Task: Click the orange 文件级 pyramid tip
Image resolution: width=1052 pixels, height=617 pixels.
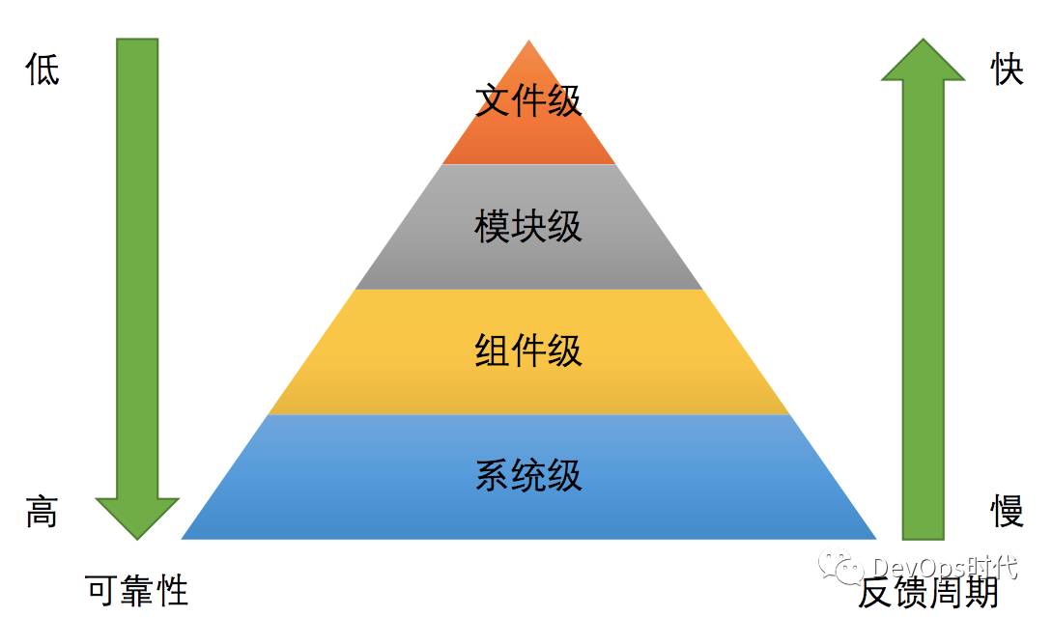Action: (528, 135)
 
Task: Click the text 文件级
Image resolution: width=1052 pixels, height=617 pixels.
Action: (528, 100)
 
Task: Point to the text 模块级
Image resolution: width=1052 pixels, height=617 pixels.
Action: (528, 226)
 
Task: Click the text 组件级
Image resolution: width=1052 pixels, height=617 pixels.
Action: (528, 351)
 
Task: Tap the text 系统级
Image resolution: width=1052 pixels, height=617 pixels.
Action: (528, 476)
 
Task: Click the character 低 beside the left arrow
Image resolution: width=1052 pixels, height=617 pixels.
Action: (43, 70)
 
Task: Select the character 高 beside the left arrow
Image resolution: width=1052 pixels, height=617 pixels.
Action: (42, 512)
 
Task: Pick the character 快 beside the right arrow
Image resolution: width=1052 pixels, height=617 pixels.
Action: (1007, 70)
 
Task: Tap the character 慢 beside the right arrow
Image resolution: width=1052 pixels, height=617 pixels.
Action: (1007, 512)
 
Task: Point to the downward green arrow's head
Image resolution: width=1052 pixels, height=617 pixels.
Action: (137, 517)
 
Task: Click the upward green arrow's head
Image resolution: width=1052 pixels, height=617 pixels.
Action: (923, 61)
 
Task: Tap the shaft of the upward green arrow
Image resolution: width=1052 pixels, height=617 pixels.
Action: (923, 309)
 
